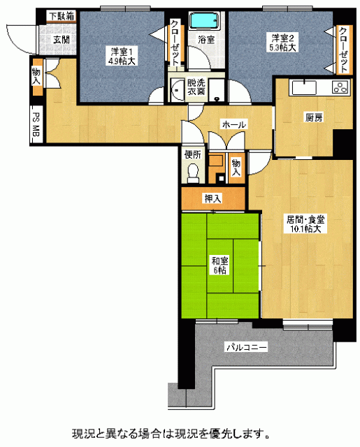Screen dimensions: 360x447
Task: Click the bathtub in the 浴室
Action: point(205,21)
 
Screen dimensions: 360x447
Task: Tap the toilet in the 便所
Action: point(193,173)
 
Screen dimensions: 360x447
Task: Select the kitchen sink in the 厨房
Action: point(304,87)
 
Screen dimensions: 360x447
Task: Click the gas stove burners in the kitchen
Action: point(340,87)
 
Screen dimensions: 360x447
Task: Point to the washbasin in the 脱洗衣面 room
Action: point(177,90)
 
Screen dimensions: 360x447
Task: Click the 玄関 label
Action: point(62,40)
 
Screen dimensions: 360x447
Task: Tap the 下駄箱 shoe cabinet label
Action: point(62,16)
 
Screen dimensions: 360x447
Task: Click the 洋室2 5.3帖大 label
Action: point(282,43)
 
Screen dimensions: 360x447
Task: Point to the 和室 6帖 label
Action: point(219,265)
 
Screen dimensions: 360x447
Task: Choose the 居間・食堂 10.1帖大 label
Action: point(305,224)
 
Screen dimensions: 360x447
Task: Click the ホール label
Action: point(233,124)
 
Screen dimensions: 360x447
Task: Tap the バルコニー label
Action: point(247,347)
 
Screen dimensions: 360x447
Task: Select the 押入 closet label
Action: point(213,198)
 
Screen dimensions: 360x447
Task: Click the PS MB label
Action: point(36,124)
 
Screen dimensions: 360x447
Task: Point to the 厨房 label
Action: point(314,117)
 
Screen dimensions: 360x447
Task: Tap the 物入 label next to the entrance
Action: point(36,76)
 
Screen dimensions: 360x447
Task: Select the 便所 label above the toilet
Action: point(193,154)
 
